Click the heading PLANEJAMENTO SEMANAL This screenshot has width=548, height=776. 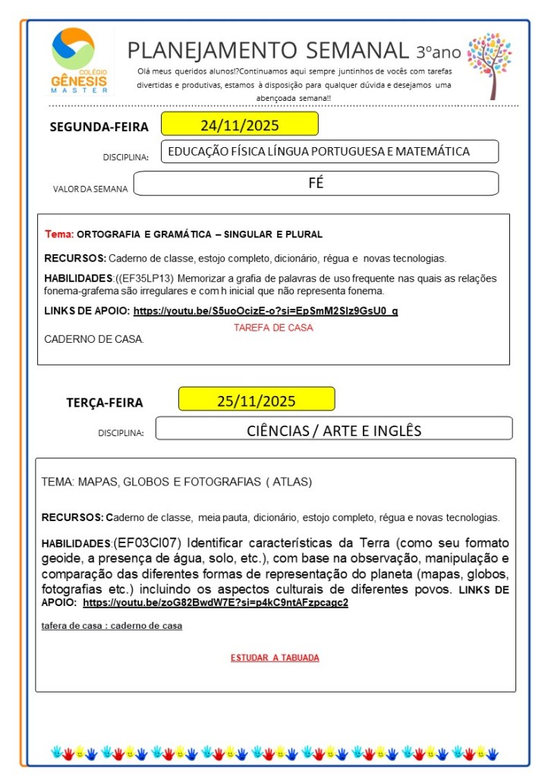(267, 50)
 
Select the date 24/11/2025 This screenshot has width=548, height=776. (238, 124)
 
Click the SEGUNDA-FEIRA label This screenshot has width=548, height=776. (99, 127)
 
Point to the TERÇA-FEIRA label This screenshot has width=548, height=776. (104, 403)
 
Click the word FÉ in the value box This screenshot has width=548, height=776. (316, 183)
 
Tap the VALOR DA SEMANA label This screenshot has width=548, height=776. (90, 189)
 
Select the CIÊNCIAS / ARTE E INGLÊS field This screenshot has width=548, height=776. (334, 430)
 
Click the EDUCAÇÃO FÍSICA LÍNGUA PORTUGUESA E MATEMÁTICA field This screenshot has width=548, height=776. (319, 152)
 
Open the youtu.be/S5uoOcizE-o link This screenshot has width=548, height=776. (265, 311)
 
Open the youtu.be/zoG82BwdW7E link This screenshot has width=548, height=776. (215, 602)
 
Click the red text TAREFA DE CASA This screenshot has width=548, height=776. (273, 328)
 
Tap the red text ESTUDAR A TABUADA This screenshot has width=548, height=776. (275, 658)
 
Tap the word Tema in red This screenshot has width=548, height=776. (59, 234)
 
